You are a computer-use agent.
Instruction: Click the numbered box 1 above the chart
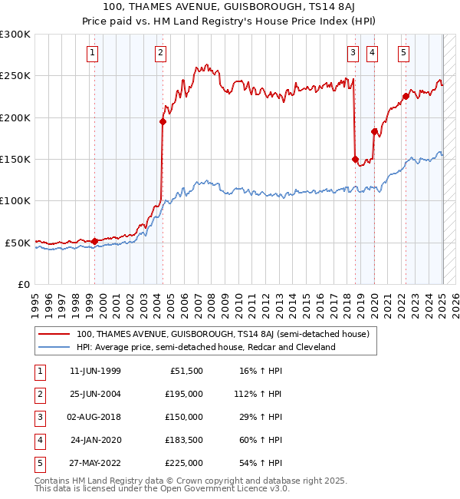coord(92,53)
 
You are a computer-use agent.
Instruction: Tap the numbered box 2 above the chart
coord(160,53)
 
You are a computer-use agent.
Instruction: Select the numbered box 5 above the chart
coord(403,53)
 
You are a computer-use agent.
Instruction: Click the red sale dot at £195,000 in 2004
coord(163,121)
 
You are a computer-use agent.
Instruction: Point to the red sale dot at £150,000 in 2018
coord(355,159)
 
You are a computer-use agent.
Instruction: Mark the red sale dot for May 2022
coord(406,97)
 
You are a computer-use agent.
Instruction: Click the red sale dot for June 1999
coord(95,241)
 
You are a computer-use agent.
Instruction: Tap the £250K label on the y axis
coord(15,76)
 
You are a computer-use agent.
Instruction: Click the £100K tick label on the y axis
coord(15,200)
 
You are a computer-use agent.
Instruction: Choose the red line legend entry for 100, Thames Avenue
coord(222,334)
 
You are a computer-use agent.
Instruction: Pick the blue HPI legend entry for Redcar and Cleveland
coord(205,347)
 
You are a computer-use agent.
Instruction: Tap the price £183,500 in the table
coord(184,440)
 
